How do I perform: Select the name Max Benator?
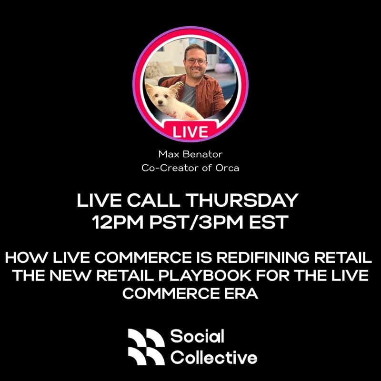pyautogui.click(x=190, y=154)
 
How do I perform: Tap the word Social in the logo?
pyautogui.click(x=197, y=337)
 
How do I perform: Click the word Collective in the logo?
pyautogui.click(x=214, y=357)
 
